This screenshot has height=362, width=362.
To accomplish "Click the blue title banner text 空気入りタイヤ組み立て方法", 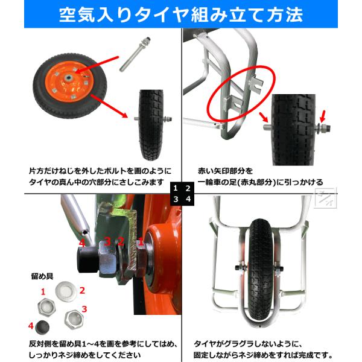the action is pos(181,14).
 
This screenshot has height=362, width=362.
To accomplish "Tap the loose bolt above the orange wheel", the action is pos(135,54).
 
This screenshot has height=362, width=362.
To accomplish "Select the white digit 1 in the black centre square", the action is pos(176,188).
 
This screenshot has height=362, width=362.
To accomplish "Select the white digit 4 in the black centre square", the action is pos(188,198).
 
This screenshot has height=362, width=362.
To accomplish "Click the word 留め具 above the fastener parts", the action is pos(42,276).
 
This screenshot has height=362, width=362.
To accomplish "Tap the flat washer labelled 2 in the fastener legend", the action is pos(66,291).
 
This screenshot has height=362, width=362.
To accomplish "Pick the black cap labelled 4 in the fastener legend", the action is pos(42,328).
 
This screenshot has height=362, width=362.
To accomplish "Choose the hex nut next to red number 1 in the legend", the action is pos(47,307).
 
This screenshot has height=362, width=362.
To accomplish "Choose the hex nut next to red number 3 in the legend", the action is pos(74,319).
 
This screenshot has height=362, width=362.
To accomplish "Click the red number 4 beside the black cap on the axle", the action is pos(82,243).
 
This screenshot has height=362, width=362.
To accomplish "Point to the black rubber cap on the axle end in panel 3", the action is pos(87,259).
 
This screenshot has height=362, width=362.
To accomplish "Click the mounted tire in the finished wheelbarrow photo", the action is pos(260,272).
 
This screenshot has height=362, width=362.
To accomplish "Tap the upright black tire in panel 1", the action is pos(151,125).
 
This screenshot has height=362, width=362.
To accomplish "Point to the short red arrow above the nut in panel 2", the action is pos(323,116).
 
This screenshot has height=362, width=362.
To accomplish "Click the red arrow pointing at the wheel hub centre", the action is pos(97,65).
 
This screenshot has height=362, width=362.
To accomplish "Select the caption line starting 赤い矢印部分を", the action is pos(225,171).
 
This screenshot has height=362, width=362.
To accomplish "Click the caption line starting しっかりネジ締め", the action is pos(84,355).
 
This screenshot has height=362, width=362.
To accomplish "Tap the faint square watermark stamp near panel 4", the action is pos(326,198).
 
